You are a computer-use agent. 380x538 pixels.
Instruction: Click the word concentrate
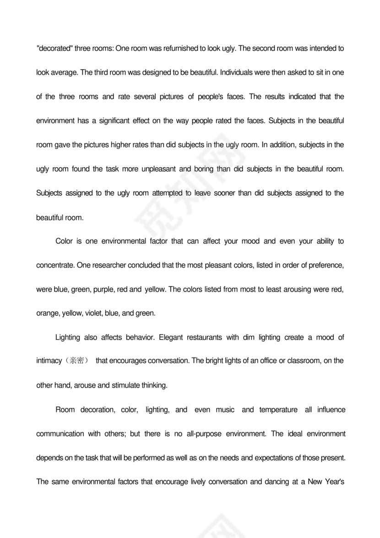click(x=55, y=265)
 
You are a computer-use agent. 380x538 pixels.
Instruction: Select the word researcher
click(x=111, y=265)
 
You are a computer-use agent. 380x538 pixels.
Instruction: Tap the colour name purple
click(x=103, y=290)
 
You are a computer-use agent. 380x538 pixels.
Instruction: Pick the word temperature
click(x=278, y=410)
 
